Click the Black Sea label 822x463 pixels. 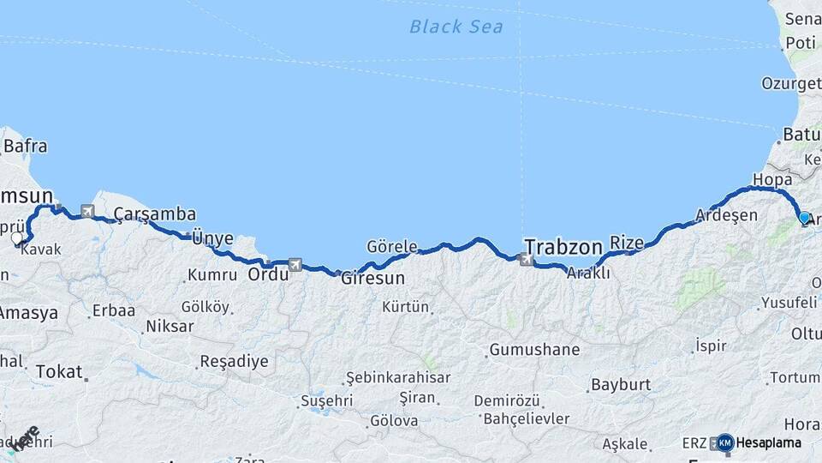[x=456, y=27]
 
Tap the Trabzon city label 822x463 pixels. [x=563, y=247]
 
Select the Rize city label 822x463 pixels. [x=626, y=244]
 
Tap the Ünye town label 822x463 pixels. [x=212, y=238]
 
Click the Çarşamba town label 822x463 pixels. [x=155, y=214]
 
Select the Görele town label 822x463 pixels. [x=391, y=246]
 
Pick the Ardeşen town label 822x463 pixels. [x=726, y=214]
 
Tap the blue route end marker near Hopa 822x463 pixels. [x=804, y=218]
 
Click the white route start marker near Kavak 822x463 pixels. [x=17, y=238]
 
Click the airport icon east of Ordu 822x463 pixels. [x=295, y=265]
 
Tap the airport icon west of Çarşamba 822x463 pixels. [x=87, y=210]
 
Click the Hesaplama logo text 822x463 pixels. [x=768, y=442]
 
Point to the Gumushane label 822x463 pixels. [x=533, y=350]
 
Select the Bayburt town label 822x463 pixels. [x=622, y=385]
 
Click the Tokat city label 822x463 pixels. [x=59, y=372]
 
